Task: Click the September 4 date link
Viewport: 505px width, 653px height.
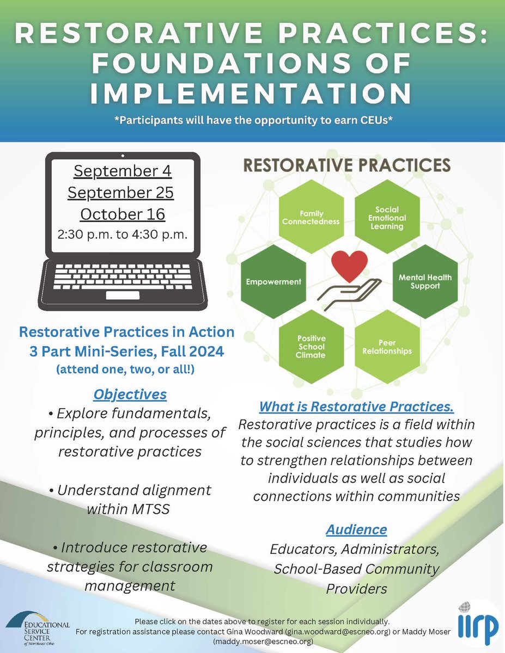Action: pos(123,171)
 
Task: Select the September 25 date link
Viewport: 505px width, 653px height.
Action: pos(123,192)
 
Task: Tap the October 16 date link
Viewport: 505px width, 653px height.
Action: pos(123,214)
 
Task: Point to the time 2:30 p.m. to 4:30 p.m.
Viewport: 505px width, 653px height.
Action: pos(123,235)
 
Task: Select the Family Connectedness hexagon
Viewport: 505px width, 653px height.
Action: pos(312,218)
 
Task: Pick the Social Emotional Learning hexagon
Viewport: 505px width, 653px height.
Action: pos(387,217)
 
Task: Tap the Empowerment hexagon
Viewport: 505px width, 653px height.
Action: pos(273,282)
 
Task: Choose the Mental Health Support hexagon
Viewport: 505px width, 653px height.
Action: pos(425,281)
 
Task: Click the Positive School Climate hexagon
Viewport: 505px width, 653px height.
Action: pos(312,347)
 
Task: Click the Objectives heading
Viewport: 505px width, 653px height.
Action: pos(130,394)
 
